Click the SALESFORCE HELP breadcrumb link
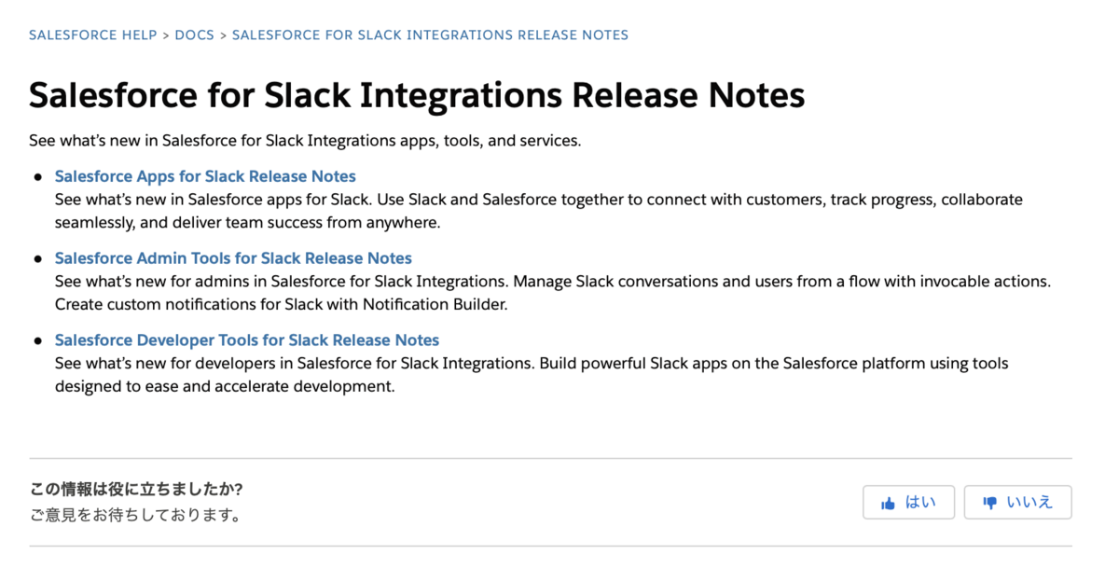(93, 35)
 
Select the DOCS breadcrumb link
(194, 35)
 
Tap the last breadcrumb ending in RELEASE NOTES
(430, 35)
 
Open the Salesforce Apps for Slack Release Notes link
(205, 176)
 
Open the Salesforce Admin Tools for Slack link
(233, 258)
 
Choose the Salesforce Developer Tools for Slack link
(247, 340)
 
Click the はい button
(908, 502)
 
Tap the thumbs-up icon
(888, 503)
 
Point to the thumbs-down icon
(989, 503)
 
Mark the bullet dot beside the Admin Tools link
(38, 258)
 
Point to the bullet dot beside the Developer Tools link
(38, 340)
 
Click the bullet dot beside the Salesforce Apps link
(38, 177)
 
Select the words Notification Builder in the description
(435, 304)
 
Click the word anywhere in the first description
(403, 223)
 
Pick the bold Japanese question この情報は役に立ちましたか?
(136, 489)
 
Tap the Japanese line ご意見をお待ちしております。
(136, 515)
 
